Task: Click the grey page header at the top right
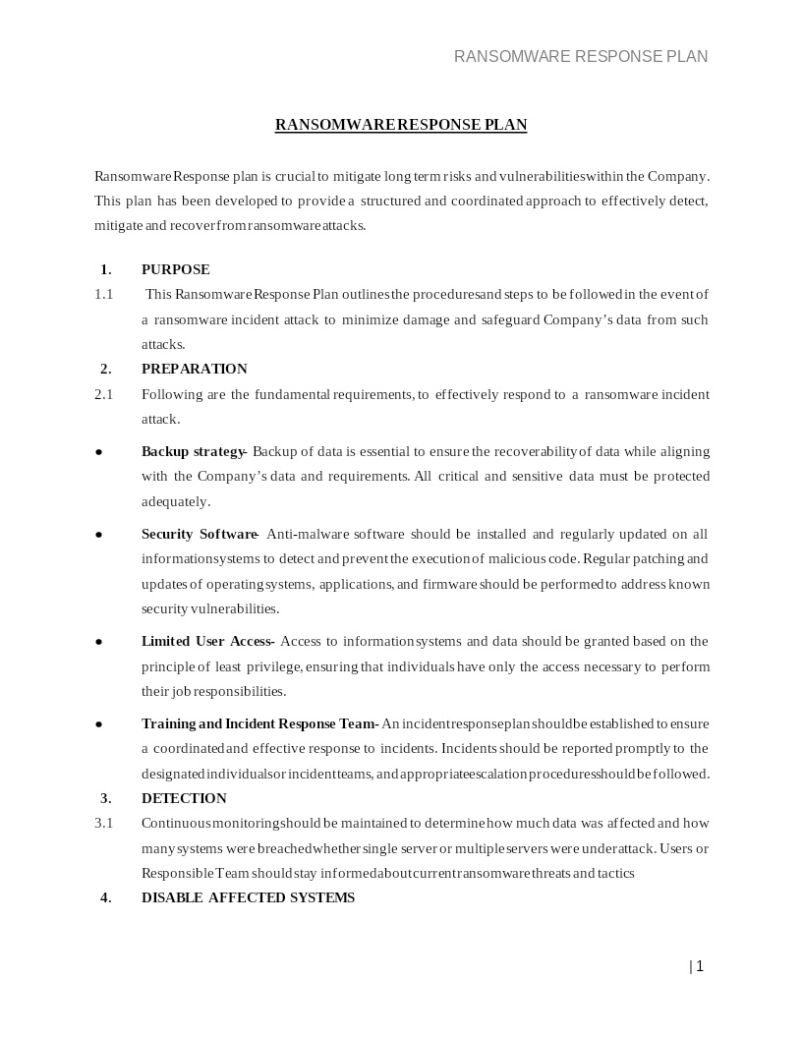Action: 580,56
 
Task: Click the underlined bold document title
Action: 401,125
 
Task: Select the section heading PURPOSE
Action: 175,269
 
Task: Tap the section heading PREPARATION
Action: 194,369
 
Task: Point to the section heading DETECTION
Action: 184,798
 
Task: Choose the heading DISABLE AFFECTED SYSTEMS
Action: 248,897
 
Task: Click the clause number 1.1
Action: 103,294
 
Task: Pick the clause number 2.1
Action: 103,394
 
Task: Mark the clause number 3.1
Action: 103,823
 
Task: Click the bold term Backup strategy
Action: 194,451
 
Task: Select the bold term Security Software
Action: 200,534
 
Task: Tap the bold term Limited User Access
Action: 207,641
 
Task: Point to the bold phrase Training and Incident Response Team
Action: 259,723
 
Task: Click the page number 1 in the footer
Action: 699,966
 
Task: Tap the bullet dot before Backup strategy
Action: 99,452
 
